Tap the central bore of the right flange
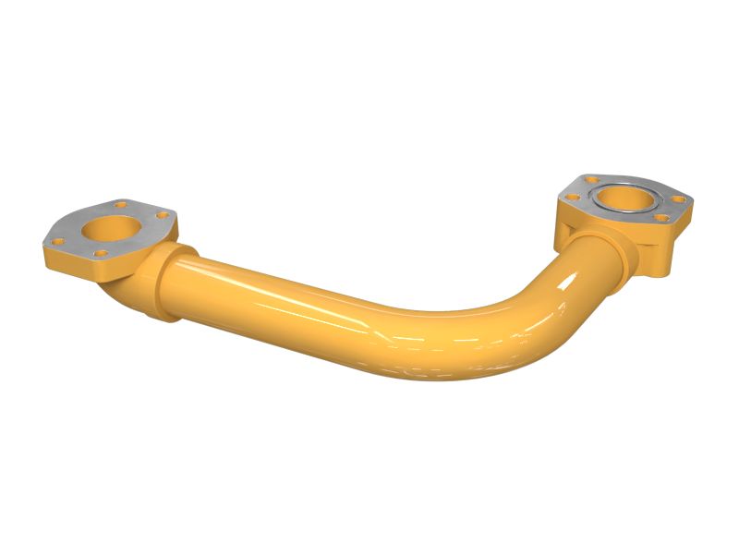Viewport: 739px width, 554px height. click(x=624, y=198)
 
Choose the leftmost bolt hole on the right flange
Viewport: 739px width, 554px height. click(x=573, y=195)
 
